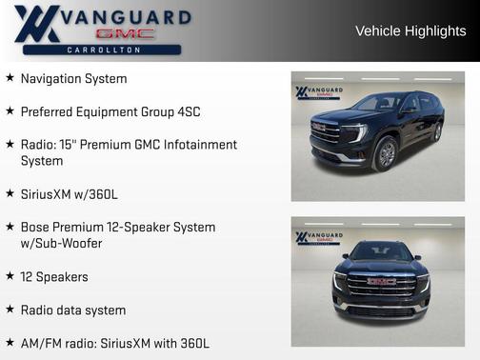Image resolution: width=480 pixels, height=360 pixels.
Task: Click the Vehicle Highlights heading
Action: (410, 31)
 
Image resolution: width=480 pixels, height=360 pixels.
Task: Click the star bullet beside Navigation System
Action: (10, 78)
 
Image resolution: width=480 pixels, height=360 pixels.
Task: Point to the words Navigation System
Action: (73, 78)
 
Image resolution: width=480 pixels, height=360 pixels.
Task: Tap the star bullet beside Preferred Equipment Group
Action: (10, 111)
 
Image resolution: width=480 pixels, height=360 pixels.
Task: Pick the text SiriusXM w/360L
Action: (69, 194)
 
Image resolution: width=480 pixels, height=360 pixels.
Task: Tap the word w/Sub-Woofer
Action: (62, 244)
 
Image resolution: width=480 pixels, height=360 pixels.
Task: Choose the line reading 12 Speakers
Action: (54, 277)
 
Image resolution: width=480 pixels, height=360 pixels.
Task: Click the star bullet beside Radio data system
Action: (10, 310)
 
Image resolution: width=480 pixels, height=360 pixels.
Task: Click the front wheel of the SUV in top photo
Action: (386, 153)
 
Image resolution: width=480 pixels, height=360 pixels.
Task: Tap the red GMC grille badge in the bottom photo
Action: (381, 281)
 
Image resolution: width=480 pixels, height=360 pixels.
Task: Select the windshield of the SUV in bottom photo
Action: (381, 252)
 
